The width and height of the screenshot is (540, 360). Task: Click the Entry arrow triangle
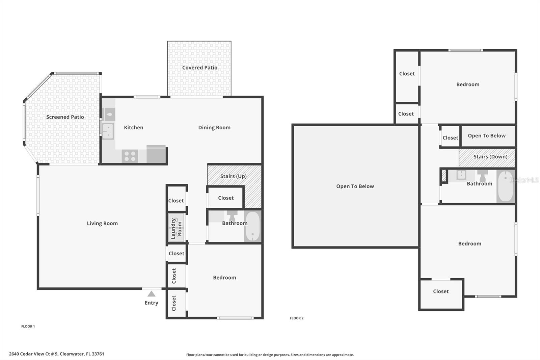pos(152,294)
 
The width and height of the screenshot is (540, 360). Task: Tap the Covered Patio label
pos(200,68)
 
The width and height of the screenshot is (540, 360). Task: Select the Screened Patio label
pos(65,117)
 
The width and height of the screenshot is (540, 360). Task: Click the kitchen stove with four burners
pos(130,156)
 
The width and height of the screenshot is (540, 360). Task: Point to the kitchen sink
pos(108,131)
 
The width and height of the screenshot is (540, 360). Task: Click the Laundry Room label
pos(176,229)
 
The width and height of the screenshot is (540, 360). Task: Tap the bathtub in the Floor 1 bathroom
pos(252,226)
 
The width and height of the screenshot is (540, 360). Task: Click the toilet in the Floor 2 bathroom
pos(483,175)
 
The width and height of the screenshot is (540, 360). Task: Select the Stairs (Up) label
pos(233,176)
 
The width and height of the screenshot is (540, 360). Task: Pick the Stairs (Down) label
pos(490,156)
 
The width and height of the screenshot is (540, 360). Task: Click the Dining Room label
pos(214,127)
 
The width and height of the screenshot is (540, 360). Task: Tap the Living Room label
pos(102,223)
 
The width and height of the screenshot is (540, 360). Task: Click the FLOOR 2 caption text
pos(296,318)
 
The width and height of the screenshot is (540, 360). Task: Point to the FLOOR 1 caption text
pos(28,326)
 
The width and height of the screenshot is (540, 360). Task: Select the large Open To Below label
pos(355,186)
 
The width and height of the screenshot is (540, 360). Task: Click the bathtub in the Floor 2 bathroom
pos(505,186)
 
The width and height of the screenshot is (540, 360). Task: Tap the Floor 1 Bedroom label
pos(224,278)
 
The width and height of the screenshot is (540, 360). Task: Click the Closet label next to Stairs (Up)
pos(226,198)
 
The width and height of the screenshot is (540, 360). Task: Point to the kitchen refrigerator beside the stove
pos(156,155)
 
